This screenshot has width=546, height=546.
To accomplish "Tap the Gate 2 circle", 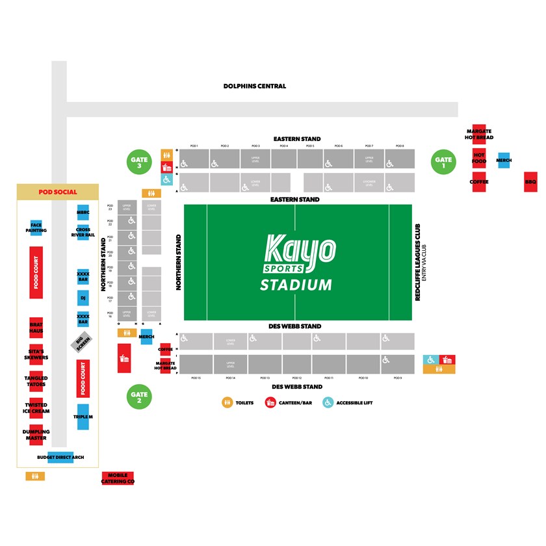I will pos(138,396).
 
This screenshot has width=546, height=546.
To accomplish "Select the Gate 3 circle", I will pos(138,162).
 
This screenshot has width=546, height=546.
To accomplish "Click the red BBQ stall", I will pos(530,182).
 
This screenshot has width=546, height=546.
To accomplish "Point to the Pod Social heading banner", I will pos(58,192).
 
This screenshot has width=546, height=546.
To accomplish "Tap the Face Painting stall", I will pos(36,227).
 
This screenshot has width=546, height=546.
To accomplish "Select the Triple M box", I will pos(83,417).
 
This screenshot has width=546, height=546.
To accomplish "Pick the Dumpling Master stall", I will pos(36,435).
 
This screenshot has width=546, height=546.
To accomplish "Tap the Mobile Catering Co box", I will pos(118,479).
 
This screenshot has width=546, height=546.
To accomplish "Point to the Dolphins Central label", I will pos(254,86).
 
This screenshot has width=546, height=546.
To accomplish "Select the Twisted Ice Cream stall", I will pos(36,408).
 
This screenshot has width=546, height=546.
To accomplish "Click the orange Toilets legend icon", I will pos(227,402).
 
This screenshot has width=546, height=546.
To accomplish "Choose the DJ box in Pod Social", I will pos(83,299).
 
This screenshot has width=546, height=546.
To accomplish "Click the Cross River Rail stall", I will pos(83,232).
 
